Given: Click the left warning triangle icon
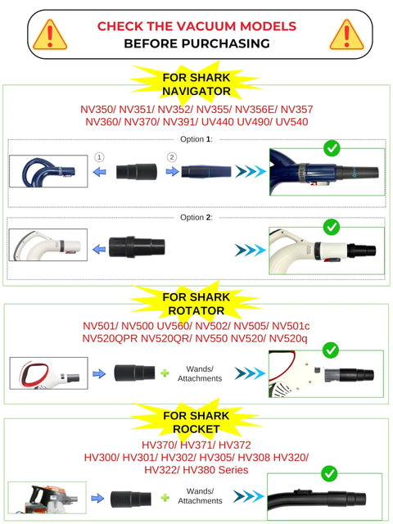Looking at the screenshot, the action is (x=50, y=34).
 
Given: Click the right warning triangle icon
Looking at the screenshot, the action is (x=346, y=34).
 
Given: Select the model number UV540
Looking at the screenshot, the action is (x=291, y=122).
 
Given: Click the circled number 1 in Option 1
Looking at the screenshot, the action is (x=99, y=157).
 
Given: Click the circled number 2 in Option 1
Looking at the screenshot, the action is (x=172, y=157).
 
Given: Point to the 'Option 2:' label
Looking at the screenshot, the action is (x=196, y=217).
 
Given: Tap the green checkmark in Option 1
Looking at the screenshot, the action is (x=332, y=148).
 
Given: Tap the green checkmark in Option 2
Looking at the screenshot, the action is (x=332, y=227).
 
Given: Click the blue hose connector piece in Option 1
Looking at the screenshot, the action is (x=206, y=171).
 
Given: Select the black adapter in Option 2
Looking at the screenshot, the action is (x=137, y=247).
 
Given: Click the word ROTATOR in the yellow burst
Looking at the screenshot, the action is (x=196, y=310).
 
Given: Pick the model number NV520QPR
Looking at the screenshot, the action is (x=110, y=338).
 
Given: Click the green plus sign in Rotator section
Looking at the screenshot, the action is (x=165, y=373).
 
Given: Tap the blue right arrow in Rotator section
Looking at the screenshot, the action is (x=99, y=373).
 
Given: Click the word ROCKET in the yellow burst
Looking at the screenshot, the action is (x=196, y=429).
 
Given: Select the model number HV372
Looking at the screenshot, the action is (x=235, y=445).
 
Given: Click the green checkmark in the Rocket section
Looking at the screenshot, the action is (x=329, y=473).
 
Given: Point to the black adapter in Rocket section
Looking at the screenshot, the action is (x=131, y=499).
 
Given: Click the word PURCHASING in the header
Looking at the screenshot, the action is (x=226, y=43).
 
